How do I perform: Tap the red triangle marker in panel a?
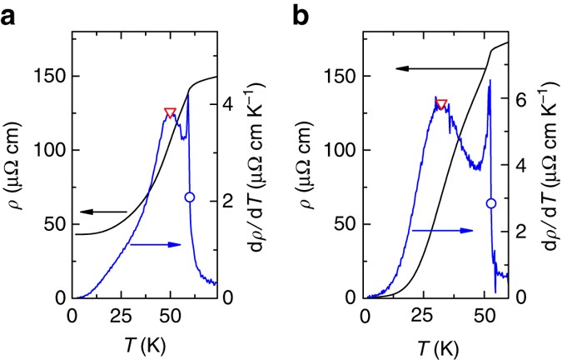point(170,113)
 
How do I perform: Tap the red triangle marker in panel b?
point(441,104)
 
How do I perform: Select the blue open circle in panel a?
point(189,197)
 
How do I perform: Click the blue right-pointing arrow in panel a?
point(156,244)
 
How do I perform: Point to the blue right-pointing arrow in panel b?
point(441,229)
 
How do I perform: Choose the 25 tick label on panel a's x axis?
point(122,317)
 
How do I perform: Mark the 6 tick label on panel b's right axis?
point(520,98)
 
